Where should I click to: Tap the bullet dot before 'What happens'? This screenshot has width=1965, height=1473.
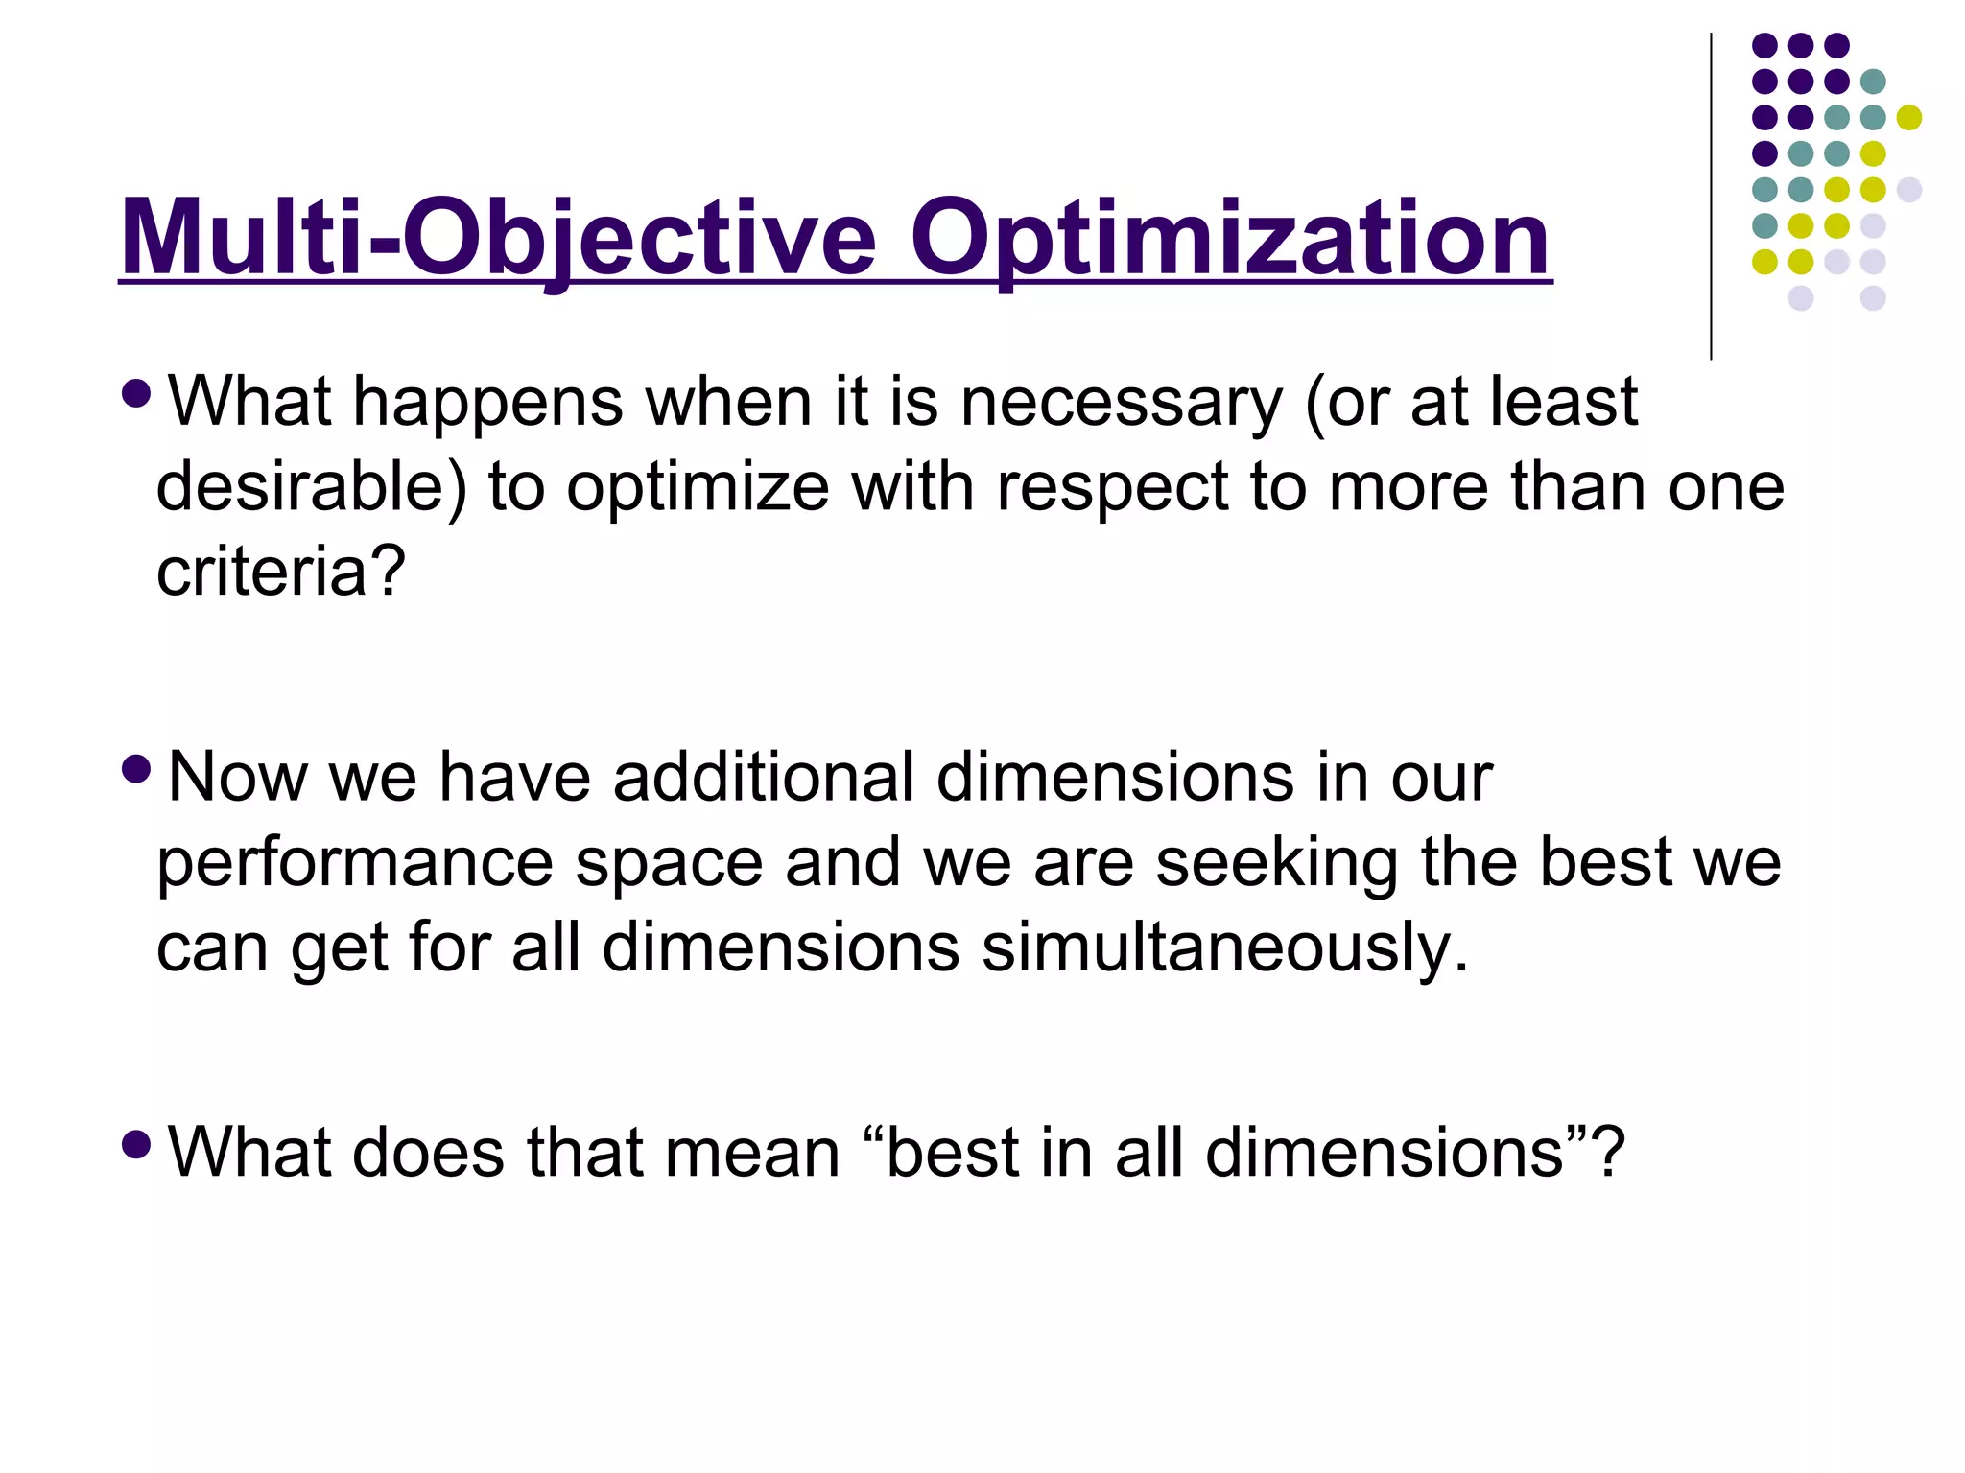137,393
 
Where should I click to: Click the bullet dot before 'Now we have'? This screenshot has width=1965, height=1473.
137,768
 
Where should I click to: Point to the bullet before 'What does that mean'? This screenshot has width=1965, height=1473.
137,1143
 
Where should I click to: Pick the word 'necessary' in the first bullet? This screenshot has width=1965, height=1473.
1122,403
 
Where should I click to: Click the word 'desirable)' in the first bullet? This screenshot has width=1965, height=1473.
311,487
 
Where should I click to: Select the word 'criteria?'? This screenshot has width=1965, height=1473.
281,573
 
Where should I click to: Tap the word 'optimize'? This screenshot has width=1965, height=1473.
698,487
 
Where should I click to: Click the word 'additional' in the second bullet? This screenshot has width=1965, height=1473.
763,777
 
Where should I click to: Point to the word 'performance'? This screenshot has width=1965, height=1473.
355,863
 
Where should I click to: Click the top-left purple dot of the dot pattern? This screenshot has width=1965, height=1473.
1764,45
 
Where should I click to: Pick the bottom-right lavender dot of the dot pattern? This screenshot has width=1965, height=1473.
1873,298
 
